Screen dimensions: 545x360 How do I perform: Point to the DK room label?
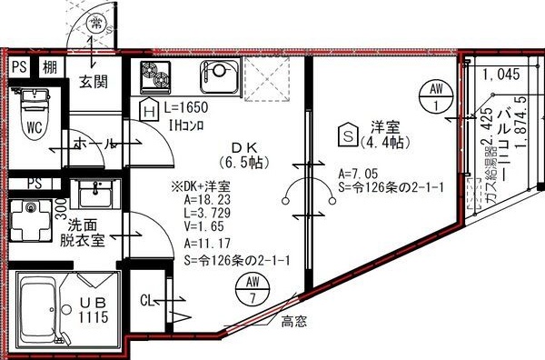tap(243, 148)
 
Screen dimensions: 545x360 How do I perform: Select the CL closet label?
tap(148, 299)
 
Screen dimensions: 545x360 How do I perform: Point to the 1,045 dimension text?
tap(501, 75)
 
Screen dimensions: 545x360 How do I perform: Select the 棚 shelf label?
tap(51, 66)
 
